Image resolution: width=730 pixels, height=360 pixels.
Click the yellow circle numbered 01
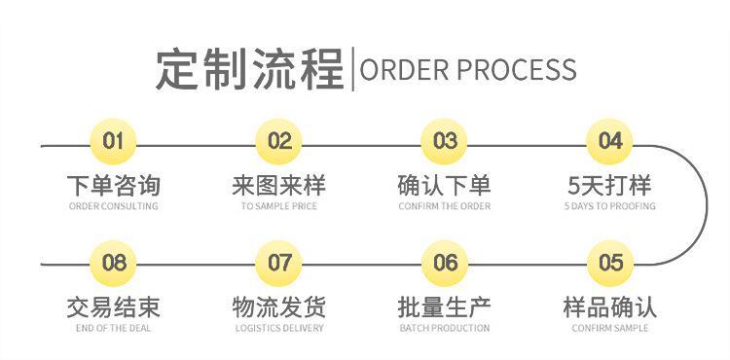pos(114,142)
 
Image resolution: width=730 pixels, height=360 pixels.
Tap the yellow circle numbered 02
pos(279,142)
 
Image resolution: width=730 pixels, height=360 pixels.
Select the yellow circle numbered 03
pos(445,142)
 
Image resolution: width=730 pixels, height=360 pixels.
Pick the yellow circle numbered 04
pos(610,142)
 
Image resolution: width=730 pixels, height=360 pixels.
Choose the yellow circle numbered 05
pos(610,263)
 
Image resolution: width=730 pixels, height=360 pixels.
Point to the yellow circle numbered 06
pos(445,263)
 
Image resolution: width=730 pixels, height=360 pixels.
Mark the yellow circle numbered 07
pos(279,263)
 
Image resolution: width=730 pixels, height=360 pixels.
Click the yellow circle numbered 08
pos(114,263)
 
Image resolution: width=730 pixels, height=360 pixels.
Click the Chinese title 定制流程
pos(250,69)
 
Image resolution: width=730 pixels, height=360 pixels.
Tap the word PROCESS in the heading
pos(517,70)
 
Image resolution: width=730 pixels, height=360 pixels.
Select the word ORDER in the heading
pos(404,70)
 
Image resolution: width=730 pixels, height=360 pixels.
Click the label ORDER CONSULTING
pos(114,206)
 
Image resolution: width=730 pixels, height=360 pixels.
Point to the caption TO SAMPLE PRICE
pos(279,206)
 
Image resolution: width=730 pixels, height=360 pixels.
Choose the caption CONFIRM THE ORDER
pos(445,206)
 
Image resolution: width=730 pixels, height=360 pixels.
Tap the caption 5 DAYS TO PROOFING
pos(610,206)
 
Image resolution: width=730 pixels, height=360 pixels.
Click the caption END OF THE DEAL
pos(114,328)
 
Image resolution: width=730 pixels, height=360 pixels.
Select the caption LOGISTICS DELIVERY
pos(279,328)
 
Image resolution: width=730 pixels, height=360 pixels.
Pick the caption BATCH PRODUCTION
pos(445,328)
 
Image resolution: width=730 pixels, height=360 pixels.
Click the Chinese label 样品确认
pos(610,306)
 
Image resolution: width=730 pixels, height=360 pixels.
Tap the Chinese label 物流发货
pos(279,306)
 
